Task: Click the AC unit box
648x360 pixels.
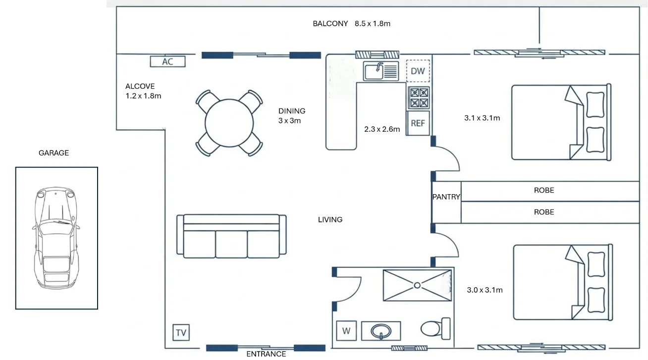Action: pyautogui.click(x=167, y=61)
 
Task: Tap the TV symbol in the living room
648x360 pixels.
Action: pyautogui.click(x=181, y=332)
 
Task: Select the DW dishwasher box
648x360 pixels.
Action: pyautogui.click(x=418, y=71)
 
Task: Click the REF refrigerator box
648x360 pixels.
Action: pyautogui.click(x=418, y=123)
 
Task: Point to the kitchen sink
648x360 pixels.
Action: pyautogui.click(x=381, y=71)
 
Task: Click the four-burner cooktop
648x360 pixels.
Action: pyautogui.click(x=419, y=98)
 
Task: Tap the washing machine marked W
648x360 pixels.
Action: pyautogui.click(x=346, y=330)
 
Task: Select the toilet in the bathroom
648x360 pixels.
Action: pyautogui.click(x=435, y=329)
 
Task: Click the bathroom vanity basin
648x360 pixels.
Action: pyautogui.click(x=381, y=331)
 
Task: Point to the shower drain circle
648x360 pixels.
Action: pyautogui.click(x=417, y=285)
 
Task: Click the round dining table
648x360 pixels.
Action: pyautogui.click(x=229, y=123)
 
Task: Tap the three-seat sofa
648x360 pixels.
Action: pyautogui.click(x=231, y=236)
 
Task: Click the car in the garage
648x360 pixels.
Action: pyautogui.click(x=56, y=238)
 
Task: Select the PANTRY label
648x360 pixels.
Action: pyautogui.click(x=446, y=197)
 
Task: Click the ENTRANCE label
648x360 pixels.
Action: pyautogui.click(x=266, y=354)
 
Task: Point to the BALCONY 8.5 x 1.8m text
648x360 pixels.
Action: pyautogui.click(x=351, y=23)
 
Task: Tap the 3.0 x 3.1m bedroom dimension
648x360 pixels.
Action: pyautogui.click(x=485, y=290)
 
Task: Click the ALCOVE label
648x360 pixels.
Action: pyautogui.click(x=140, y=86)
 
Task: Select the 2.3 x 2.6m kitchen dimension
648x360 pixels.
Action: pyautogui.click(x=382, y=129)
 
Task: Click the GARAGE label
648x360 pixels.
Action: pyautogui.click(x=54, y=153)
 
